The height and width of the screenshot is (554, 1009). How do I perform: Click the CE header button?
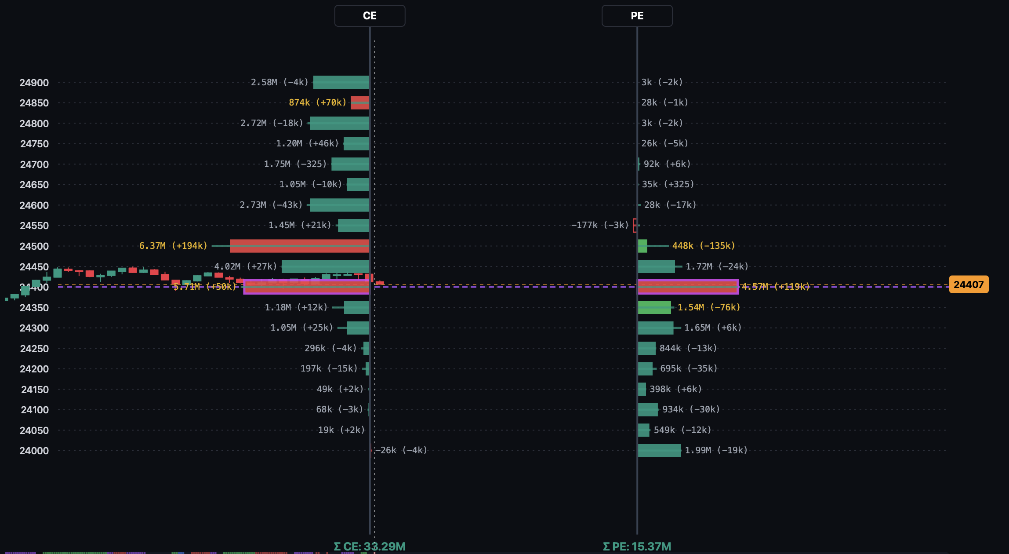[370, 16]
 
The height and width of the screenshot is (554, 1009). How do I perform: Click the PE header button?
[637, 16]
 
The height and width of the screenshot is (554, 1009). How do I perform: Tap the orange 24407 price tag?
[969, 284]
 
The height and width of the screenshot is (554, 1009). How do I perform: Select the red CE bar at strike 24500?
[299, 246]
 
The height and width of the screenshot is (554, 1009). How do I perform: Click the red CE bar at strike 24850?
[359, 102]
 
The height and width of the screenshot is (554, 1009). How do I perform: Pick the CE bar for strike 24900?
[341, 82]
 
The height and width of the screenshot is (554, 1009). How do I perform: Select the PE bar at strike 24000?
[659, 450]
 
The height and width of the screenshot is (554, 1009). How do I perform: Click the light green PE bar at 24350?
[654, 307]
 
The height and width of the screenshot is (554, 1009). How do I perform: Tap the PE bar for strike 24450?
[656, 266]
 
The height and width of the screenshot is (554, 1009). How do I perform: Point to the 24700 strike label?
[34, 164]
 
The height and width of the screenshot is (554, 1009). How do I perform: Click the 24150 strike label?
[35, 390]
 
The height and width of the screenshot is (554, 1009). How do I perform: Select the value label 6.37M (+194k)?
[173, 246]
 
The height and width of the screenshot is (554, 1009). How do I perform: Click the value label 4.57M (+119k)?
[775, 287]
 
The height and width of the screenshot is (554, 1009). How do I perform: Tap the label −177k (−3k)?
[600, 225]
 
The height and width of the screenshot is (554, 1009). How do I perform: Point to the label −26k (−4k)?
[401, 450]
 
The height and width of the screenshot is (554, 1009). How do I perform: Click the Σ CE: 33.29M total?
[370, 546]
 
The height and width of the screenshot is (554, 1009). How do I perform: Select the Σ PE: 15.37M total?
[637, 546]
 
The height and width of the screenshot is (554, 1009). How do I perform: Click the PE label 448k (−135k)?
[703, 246]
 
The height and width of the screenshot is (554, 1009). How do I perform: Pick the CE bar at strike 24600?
[339, 205]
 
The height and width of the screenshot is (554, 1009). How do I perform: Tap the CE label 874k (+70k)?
[317, 102]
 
